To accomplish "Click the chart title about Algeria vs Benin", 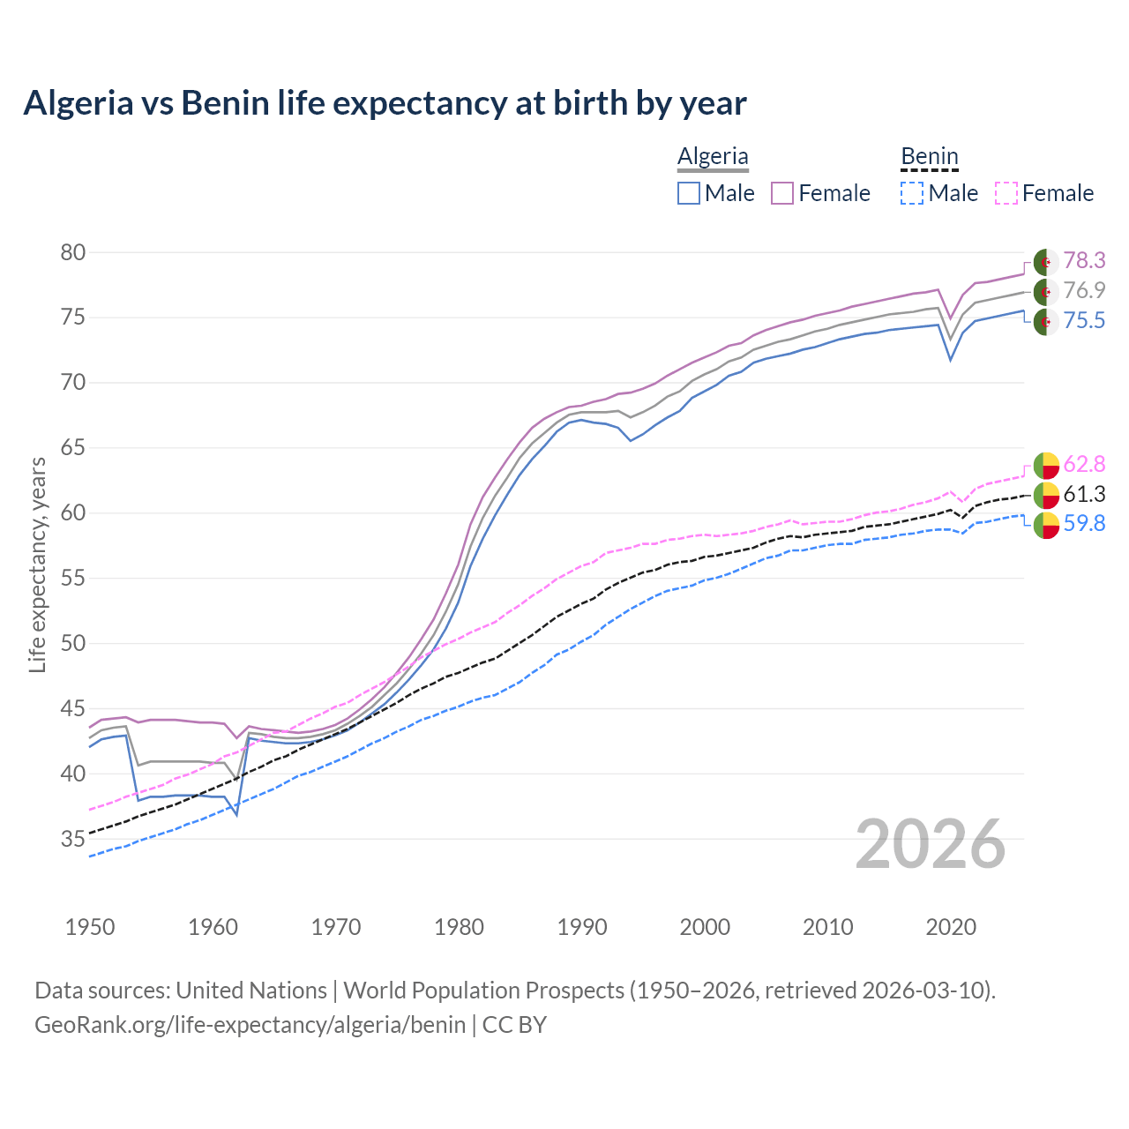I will click(385, 103).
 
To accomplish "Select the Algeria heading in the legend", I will click(713, 156).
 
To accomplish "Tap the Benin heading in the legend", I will click(929, 156).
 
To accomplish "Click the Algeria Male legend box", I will click(689, 193).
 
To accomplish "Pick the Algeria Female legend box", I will click(782, 193).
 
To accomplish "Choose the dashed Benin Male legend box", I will click(912, 193).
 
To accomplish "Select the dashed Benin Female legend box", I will click(1006, 193).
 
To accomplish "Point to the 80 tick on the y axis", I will click(73, 252).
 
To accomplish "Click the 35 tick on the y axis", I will click(73, 839).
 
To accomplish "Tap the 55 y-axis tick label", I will click(73, 579).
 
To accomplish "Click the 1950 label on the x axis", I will click(90, 927).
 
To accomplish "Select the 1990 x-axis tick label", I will click(582, 927).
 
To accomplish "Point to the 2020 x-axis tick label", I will click(951, 927).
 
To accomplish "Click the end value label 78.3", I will click(1084, 260).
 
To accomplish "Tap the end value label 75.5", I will click(1084, 320).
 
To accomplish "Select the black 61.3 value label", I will click(1084, 494).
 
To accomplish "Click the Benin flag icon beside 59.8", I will click(1046, 524).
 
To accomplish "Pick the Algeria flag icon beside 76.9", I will click(1046, 291).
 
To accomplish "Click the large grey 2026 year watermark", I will click(931, 844).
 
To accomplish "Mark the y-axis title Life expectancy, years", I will click(37, 564).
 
